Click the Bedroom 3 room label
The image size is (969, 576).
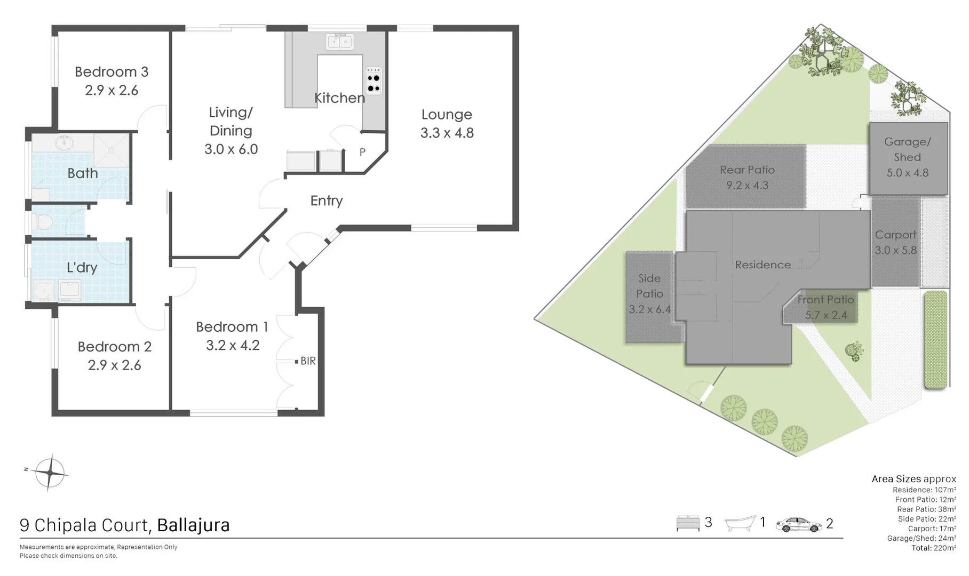coord(112,72)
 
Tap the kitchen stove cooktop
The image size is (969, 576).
coord(374,81)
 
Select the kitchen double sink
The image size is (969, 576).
coord(340,41)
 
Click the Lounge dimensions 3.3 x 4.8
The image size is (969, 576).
coord(447,133)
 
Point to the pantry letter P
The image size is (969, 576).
coord(362,153)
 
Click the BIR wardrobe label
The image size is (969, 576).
coord(308,361)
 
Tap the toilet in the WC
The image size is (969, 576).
coord(42,221)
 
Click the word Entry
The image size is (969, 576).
coord(326,201)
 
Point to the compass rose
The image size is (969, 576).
coord(50,473)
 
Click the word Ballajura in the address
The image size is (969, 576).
coord(193,525)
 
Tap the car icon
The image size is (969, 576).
coord(799,524)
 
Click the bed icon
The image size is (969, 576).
coord(688,523)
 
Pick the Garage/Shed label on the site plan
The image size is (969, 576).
coord(907,149)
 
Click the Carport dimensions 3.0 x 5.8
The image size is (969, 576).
coord(895,250)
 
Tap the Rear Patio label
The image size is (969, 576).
coord(746,170)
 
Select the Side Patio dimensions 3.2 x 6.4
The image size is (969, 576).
coord(649,309)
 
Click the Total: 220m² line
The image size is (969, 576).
coord(933,548)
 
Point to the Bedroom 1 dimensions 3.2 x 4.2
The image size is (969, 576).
coord(233,346)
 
